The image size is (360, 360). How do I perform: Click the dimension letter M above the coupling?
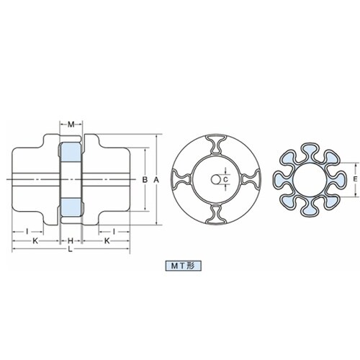(71, 125)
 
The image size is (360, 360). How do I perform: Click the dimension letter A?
(156, 179)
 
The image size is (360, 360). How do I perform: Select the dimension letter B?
(145, 179)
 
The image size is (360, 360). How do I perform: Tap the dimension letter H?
(71, 240)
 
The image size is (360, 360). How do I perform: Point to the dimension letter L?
(70, 249)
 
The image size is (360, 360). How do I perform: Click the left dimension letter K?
(35, 240)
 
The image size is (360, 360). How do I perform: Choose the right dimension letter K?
(107, 240)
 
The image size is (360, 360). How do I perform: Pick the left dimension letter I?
(27, 232)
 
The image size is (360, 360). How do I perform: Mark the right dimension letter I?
(114, 232)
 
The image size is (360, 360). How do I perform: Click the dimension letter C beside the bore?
(225, 179)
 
